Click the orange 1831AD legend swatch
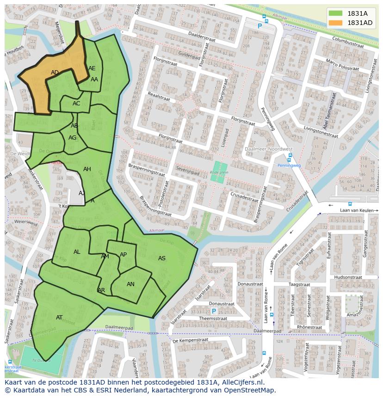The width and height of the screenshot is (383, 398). click(x=336, y=23)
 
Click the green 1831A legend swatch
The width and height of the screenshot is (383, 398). click(x=336, y=13)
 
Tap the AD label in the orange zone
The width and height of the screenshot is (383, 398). click(x=55, y=73)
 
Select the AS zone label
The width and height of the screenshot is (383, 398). click(x=162, y=258)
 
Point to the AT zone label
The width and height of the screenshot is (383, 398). click(x=59, y=318)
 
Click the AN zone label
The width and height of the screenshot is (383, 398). click(x=130, y=284)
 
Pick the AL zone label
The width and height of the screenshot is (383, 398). click(x=77, y=252)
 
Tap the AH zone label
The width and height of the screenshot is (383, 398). click(x=87, y=169)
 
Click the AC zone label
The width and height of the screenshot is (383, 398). click(x=76, y=104)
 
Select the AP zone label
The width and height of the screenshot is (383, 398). click(x=123, y=255)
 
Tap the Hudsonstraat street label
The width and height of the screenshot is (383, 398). click(x=347, y=277)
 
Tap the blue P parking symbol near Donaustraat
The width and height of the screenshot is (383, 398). click(x=214, y=312)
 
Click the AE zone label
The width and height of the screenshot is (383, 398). click(x=92, y=68)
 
